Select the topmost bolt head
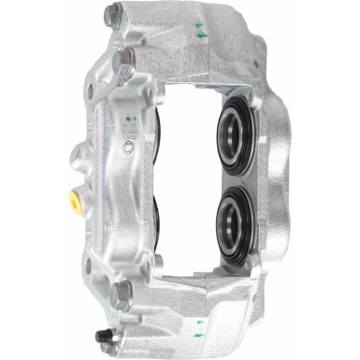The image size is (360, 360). pos(113,15)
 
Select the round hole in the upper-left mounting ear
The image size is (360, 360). pos(90,91)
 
